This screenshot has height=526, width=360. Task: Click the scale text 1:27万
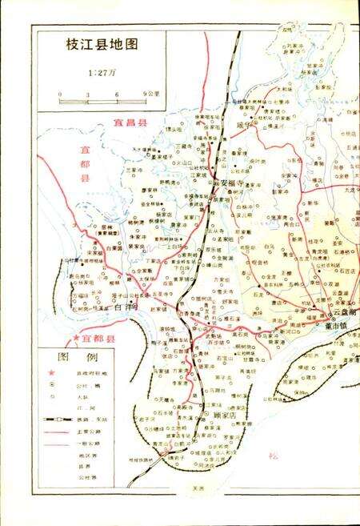(102, 74)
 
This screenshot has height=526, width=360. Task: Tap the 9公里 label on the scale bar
(150, 94)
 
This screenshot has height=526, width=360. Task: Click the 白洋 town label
(126, 306)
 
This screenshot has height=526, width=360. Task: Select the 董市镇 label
(336, 327)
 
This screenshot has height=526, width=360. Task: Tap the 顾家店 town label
(228, 416)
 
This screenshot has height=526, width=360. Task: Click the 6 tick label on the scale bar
(117, 94)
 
